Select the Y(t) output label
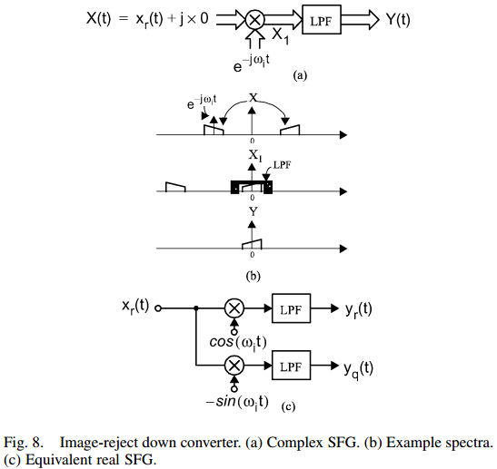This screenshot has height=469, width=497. coord(398,20)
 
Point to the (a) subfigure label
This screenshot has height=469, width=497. coord(300,76)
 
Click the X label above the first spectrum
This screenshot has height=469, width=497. coord(253,98)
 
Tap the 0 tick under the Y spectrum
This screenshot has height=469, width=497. coord(252,255)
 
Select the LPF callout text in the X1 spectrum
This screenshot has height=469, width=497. coord(282,165)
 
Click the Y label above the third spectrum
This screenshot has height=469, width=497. coord(253,211)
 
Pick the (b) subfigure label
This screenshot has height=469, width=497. coord(253,277)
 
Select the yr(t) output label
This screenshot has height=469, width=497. coord(359,310)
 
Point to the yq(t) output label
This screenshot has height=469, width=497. coord(359,369)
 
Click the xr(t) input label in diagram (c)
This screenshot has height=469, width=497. coord(135,307)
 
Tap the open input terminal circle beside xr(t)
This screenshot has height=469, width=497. coord(158,308)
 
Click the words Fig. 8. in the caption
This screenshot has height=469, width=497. coord(23,443)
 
